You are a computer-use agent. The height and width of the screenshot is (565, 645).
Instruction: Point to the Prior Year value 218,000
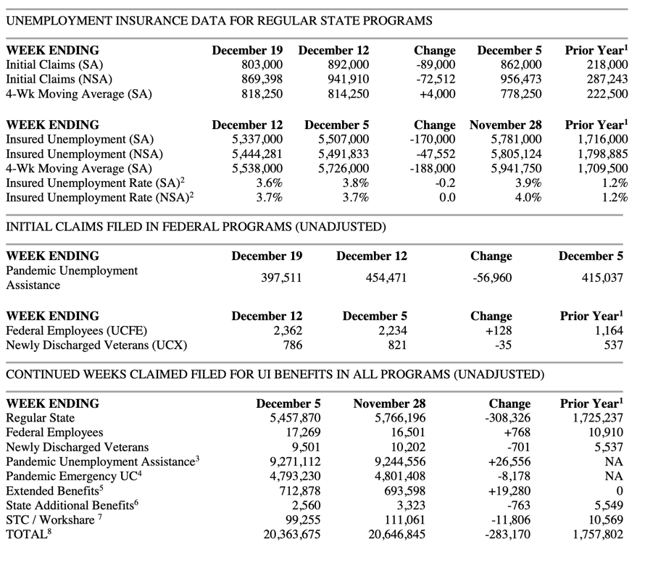[x=607, y=65]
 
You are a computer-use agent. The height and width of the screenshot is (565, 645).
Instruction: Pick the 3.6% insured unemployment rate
[x=269, y=183]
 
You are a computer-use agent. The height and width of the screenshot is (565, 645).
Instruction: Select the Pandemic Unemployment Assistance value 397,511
[x=281, y=277]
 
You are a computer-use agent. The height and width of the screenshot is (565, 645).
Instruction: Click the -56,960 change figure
[x=491, y=277]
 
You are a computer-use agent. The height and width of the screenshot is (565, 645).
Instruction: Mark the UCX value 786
[x=291, y=346]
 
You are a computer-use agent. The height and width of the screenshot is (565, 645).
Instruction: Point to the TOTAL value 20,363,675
[x=288, y=535]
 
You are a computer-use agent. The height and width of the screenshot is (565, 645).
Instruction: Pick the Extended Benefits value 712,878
[x=296, y=491]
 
